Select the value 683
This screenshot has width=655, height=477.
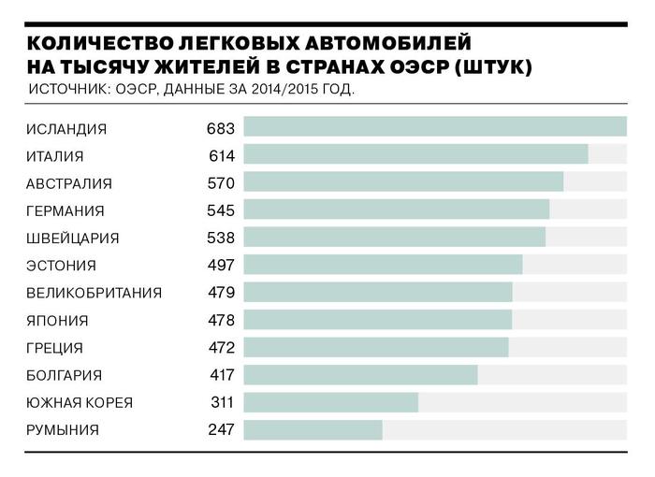tap(221, 128)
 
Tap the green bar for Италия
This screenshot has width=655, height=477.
tap(415, 154)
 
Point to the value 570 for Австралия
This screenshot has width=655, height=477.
tap(221, 182)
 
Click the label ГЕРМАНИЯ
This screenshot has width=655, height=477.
tap(65, 210)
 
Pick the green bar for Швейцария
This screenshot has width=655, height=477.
tap(394, 238)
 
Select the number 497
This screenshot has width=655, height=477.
tap(221, 265)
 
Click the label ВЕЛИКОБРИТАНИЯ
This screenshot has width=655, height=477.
tap(95, 293)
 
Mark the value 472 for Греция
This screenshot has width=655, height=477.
tap(221, 348)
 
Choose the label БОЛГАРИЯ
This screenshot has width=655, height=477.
tap(65, 375)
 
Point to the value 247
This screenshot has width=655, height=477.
tap(221, 430)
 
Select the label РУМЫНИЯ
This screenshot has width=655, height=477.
tap(63, 430)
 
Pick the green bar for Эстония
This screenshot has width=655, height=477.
tap(383, 265)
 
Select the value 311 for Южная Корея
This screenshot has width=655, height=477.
tap(221, 402)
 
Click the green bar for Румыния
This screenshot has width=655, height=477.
tap(313, 430)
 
